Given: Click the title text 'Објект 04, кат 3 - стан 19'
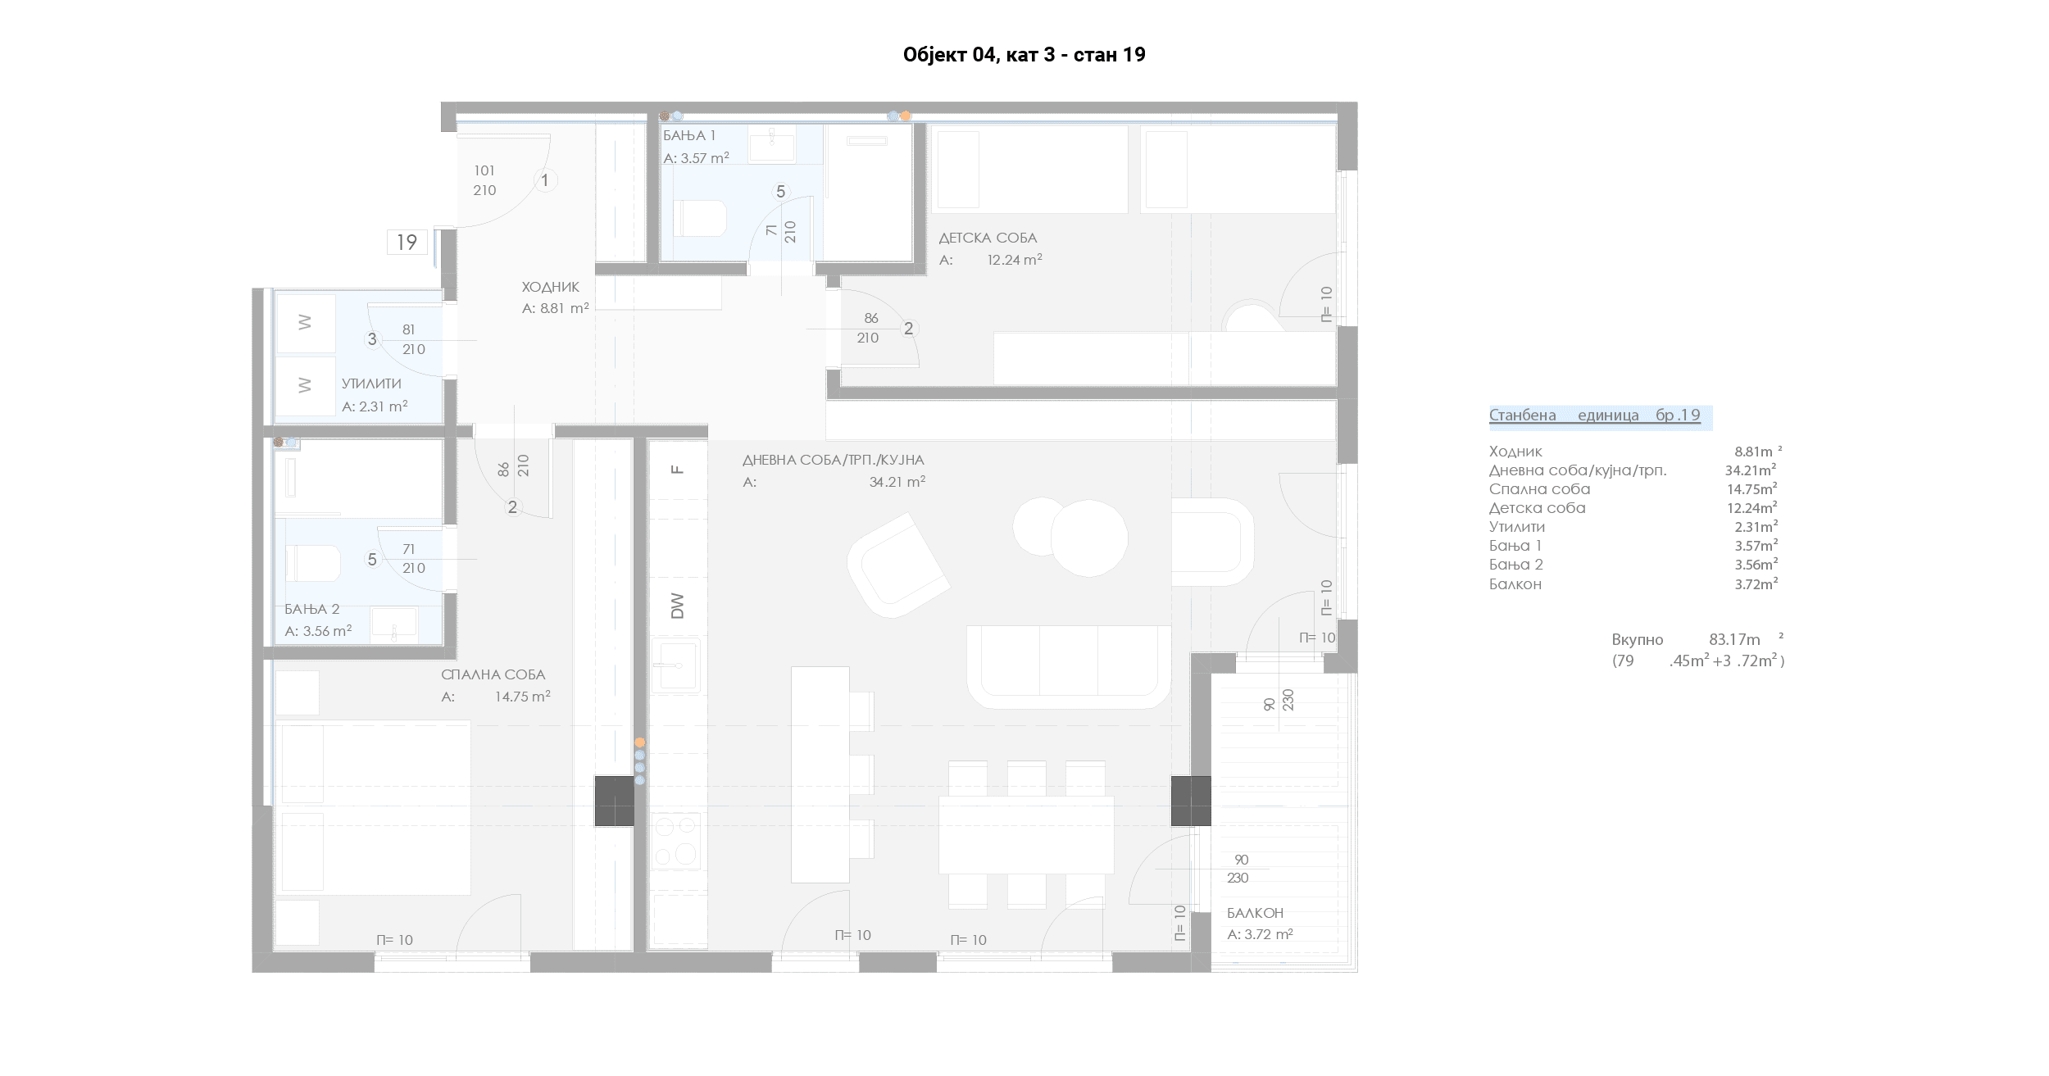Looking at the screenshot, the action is click(1024, 55).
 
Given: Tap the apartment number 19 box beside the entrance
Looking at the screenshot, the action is click(407, 243).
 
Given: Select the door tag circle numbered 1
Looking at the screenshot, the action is click(545, 180).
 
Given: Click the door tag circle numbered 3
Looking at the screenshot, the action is click(372, 339).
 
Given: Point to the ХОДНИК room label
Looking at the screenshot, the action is click(551, 287).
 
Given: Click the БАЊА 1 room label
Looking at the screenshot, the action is click(689, 136).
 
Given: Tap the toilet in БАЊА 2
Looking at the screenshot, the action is click(312, 564).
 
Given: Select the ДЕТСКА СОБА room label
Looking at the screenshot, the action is click(988, 238).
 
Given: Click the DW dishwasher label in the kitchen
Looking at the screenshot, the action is click(677, 606).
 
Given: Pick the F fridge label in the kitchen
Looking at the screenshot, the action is click(677, 470).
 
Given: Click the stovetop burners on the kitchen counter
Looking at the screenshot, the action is click(676, 841).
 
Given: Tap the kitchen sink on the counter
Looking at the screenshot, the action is click(676, 665).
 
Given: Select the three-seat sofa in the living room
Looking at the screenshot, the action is click(1069, 667).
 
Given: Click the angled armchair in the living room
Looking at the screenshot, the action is click(898, 565).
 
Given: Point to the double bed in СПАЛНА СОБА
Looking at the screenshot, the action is click(373, 807).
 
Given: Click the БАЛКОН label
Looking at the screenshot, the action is click(1255, 913).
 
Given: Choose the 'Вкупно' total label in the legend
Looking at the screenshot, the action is click(1638, 640).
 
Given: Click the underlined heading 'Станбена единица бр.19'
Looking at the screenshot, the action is click(1595, 415).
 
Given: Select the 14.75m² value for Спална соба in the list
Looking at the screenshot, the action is click(1751, 489).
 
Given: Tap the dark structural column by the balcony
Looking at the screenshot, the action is click(1191, 801).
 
